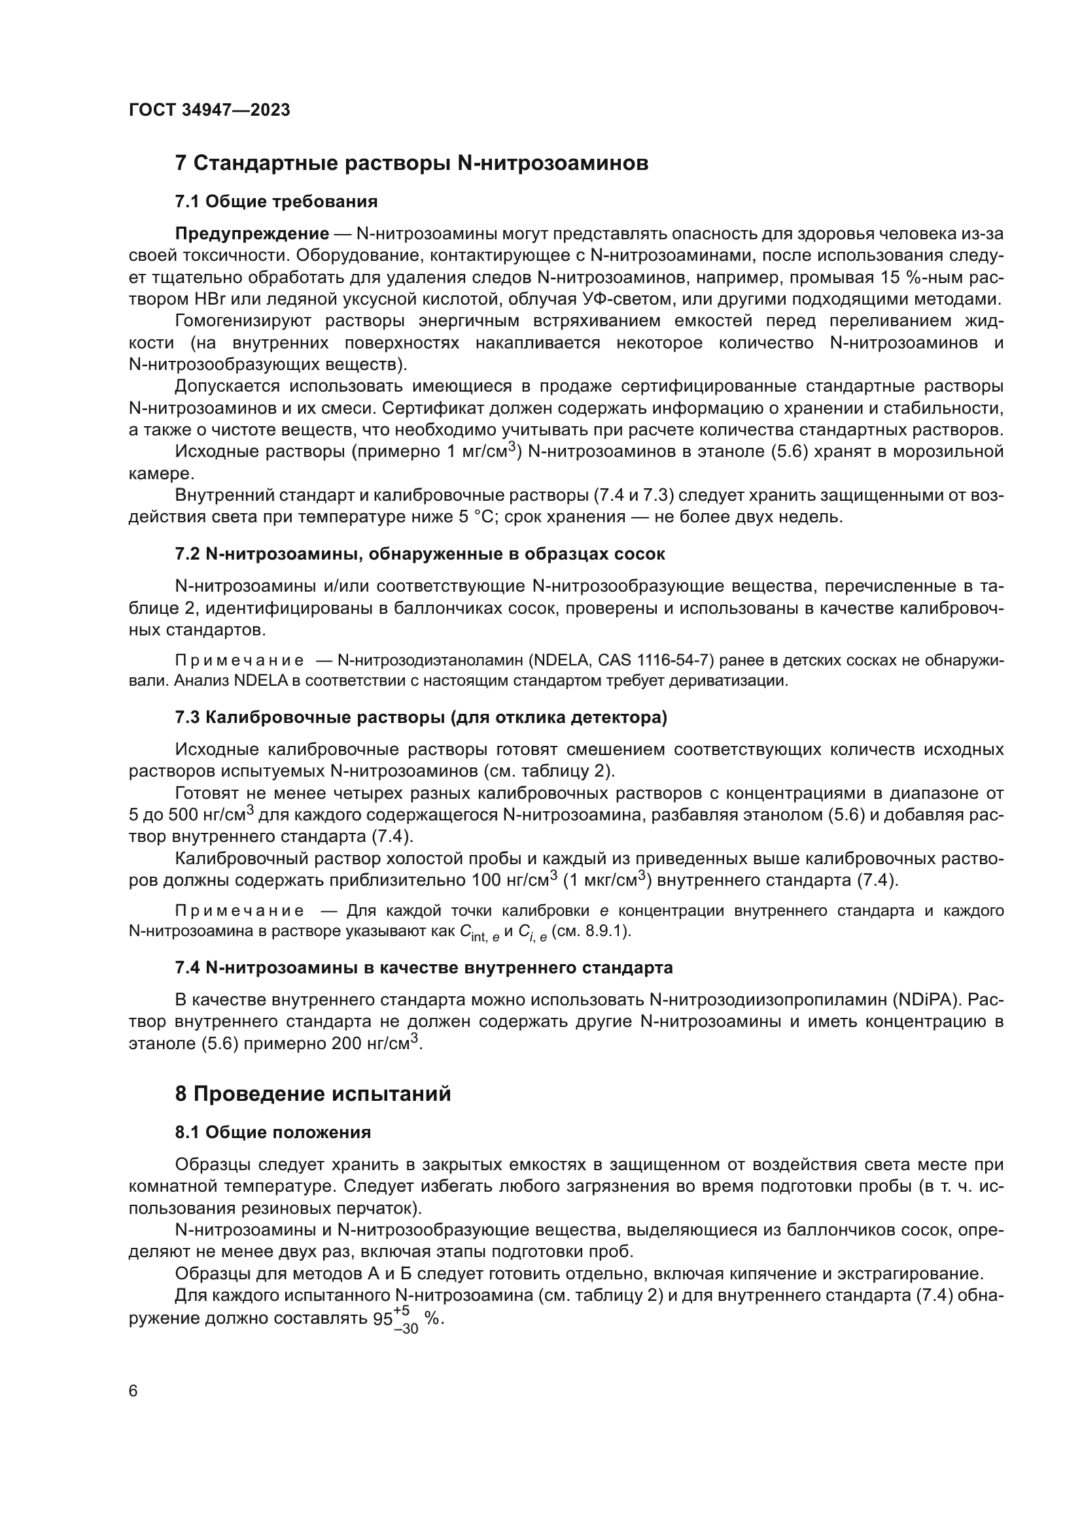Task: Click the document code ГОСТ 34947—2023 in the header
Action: coord(209,110)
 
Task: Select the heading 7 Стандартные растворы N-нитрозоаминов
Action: coord(411,163)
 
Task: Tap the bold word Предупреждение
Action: coord(252,234)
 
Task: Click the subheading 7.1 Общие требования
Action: coord(276,202)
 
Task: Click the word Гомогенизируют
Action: coord(243,321)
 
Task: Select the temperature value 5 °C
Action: coord(474,517)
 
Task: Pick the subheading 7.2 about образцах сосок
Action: coord(420,554)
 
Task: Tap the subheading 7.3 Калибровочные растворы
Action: coord(421,718)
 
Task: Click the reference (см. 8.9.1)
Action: coord(591,932)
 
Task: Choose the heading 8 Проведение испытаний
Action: coord(313,1094)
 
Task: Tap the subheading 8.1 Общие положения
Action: coord(273,1133)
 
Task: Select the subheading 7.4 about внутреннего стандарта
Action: coord(424,967)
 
